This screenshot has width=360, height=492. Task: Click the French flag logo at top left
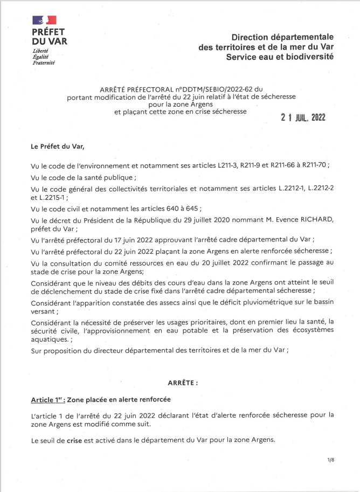click(45, 21)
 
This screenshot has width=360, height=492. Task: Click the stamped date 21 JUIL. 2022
click(303, 118)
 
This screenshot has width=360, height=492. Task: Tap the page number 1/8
click(330, 459)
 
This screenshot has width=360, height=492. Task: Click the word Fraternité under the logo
click(44, 62)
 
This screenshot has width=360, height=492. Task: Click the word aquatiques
click(51, 340)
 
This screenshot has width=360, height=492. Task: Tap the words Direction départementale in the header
click(282, 37)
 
